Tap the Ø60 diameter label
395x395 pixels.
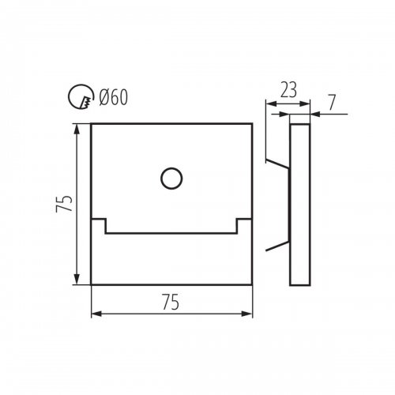pos(113,97)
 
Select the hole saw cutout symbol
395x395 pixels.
pos(81,96)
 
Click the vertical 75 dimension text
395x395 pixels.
pos(64,203)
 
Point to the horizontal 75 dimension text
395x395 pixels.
pos(171,302)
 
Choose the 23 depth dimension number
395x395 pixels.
pos(288,89)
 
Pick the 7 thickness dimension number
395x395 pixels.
pos(332,102)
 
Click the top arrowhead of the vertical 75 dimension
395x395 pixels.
pos(77,129)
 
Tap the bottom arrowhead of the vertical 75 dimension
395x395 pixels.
pos(77,279)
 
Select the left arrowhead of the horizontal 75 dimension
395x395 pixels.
pos(96,314)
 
